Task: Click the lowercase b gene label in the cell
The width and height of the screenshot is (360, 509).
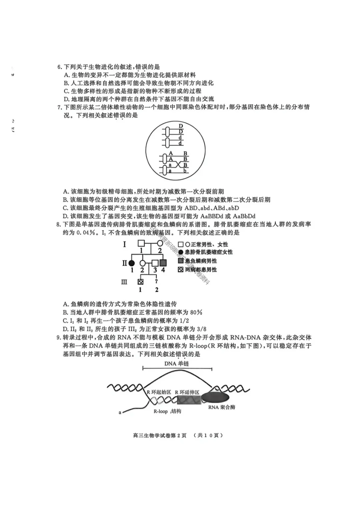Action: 185,171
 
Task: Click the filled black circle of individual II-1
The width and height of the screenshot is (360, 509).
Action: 132,263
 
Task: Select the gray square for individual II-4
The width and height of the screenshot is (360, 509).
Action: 163,263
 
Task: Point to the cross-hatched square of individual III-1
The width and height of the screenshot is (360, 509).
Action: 140,282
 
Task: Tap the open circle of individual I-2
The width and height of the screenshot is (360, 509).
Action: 160,244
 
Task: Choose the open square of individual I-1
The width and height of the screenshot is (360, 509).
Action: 141,244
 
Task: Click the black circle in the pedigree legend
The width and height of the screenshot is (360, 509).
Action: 181,252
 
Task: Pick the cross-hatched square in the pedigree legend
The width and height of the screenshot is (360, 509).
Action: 181,269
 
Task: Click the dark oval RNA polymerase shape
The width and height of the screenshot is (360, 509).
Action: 215,397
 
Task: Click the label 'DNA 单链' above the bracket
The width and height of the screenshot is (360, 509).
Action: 177,363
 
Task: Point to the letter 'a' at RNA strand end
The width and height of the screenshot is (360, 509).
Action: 120,412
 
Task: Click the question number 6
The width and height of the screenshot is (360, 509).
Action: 59,67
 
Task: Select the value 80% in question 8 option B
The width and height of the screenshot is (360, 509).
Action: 196,312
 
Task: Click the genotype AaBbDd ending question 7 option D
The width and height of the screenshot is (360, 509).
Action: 244,216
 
